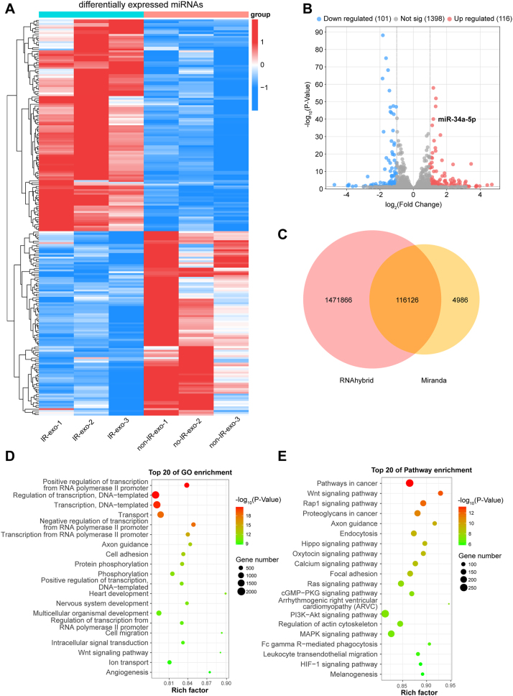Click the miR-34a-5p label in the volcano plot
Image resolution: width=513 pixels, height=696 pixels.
457,119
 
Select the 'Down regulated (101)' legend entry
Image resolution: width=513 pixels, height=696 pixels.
353,19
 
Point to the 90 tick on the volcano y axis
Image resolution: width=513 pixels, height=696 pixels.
319,32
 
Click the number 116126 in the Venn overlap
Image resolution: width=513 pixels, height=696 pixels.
407,300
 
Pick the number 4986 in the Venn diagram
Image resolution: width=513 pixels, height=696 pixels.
460,300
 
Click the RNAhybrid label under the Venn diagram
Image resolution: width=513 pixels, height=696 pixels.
356,380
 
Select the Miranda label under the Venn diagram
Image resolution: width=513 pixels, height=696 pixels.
434,380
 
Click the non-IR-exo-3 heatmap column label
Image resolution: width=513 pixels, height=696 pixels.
225,434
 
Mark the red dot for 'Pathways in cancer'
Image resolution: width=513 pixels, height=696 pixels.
410,483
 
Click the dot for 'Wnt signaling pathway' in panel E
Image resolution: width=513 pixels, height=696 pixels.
440,493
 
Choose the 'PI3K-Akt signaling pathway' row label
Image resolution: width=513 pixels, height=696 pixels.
334,615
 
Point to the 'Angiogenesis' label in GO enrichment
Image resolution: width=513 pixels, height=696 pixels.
126,672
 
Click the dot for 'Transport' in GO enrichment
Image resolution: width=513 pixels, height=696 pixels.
160,515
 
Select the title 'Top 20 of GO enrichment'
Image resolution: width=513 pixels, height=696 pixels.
190,472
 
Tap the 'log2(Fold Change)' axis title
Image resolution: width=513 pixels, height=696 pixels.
413,205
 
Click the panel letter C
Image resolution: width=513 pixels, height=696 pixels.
282,234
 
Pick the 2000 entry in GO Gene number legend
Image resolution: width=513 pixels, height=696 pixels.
251,592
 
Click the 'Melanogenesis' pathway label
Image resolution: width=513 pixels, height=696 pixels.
353,674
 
